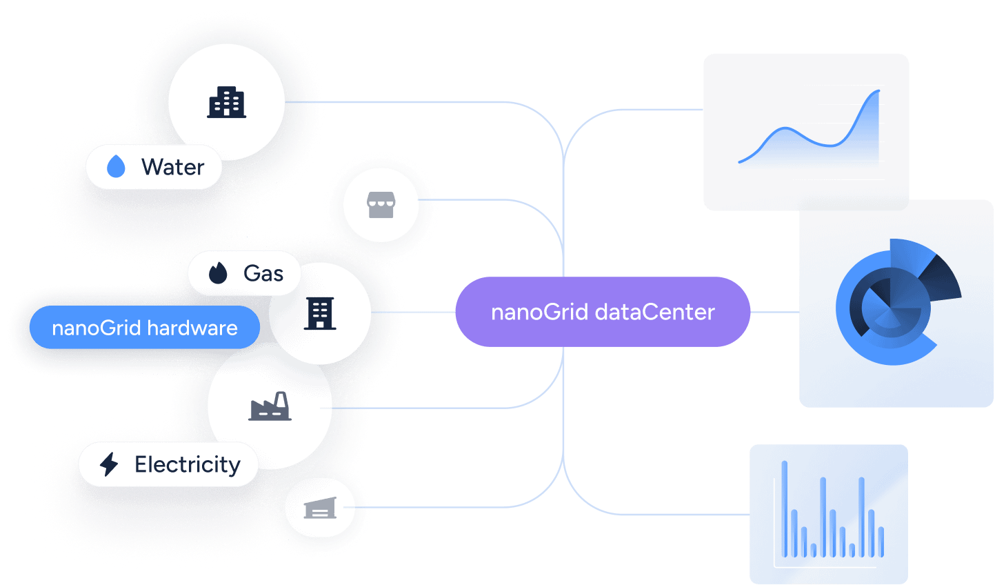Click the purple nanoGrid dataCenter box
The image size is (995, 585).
(602, 312)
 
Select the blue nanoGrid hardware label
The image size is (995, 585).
(145, 328)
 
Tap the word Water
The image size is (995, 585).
(172, 167)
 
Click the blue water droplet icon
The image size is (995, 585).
(116, 166)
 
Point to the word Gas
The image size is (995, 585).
(263, 273)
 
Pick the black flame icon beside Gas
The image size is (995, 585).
(218, 273)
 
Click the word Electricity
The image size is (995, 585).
(187, 465)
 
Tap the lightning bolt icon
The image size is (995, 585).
(109, 465)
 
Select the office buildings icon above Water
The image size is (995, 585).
(226, 103)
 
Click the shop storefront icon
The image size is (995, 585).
(381, 205)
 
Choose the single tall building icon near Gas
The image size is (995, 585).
(320, 313)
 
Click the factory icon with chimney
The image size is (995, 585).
(270, 406)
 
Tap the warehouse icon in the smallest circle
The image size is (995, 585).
(320, 508)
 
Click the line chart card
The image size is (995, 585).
(805, 131)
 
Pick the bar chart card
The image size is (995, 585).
(828, 514)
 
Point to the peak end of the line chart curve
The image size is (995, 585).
(878, 91)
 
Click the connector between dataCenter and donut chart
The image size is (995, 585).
(774, 312)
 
